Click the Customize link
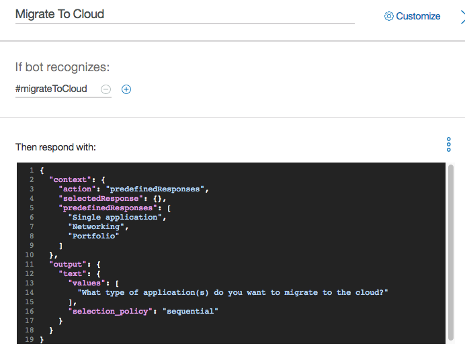click(418, 16)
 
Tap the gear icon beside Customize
click(388, 16)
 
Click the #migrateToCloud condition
click(51, 89)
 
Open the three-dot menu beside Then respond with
click(448, 144)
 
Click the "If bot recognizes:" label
click(62, 67)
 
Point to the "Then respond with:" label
click(56, 147)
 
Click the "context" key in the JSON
click(70, 179)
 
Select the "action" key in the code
click(78, 189)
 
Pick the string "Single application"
click(115, 217)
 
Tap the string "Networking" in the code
click(95, 226)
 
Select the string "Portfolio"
click(93, 236)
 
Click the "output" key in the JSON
click(67, 264)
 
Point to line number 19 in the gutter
click(30, 340)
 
